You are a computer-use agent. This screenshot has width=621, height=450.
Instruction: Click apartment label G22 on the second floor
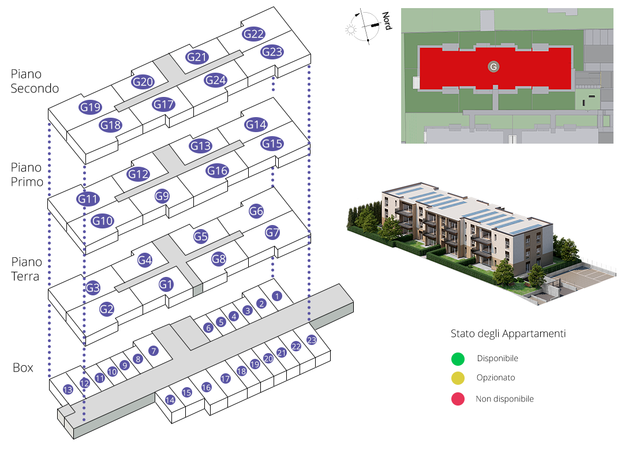tap(254, 34)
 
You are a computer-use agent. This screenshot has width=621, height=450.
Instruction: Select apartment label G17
tap(164, 104)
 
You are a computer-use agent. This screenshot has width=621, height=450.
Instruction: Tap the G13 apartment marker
tap(200, 146)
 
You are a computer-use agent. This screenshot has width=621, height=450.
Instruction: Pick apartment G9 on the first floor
tap(162, 196)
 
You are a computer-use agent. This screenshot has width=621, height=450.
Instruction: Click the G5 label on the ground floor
tap(200, 236)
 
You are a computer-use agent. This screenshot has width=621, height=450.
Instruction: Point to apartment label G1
tap(166, 284)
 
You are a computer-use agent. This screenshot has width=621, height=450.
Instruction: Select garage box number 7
tap(153, 350)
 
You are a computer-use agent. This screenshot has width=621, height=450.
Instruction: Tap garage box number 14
tap(170, 399)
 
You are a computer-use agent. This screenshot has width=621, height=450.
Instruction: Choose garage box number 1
tap(276, 296)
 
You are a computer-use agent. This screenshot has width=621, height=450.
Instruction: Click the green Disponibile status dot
tap(458, 359)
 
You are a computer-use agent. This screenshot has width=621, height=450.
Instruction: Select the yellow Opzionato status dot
tap(458, 378)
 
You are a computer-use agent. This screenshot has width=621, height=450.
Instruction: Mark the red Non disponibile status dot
tap(458, 399)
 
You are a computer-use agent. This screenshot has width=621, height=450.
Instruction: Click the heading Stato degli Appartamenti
tap(508, 334)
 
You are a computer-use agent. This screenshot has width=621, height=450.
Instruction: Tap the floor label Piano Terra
tap(25, 269)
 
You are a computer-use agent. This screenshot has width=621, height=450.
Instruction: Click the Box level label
tap(23, 367)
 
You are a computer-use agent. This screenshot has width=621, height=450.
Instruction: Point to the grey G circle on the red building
tap(493, 67)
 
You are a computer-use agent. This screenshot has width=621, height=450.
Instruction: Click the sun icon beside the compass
tap(350, 29)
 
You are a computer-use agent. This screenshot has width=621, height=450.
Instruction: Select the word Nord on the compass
tap(388, 21)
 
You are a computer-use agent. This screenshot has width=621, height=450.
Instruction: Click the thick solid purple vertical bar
tap(50, 160)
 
